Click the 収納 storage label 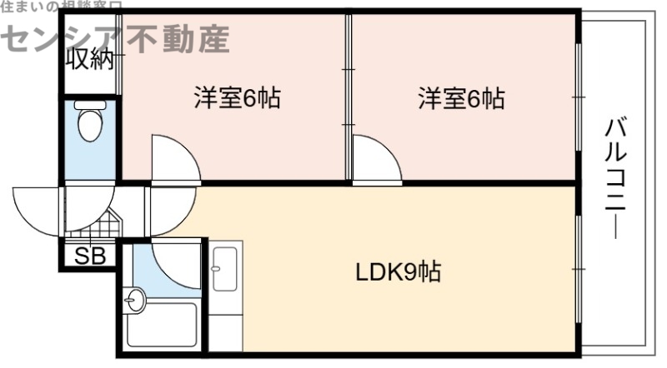click(89, 61)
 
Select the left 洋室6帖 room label click(236, 99)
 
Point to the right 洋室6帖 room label click(461, 99)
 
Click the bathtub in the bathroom click(163, 326)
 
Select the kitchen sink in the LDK click(225, 268)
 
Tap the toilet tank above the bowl click(88, 105)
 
